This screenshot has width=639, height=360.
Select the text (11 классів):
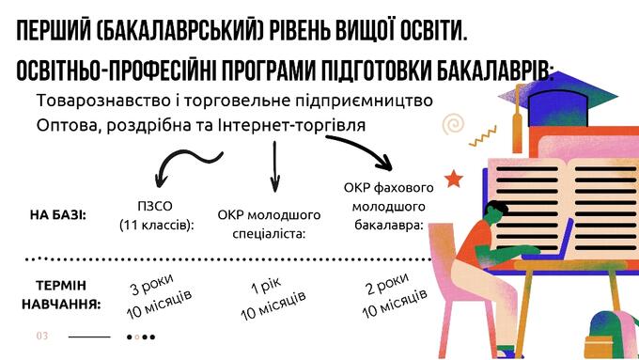coord(156,226)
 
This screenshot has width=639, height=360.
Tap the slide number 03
coord(41,336)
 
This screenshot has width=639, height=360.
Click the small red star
coord(455,178)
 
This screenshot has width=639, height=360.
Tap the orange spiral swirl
coord(456,122)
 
